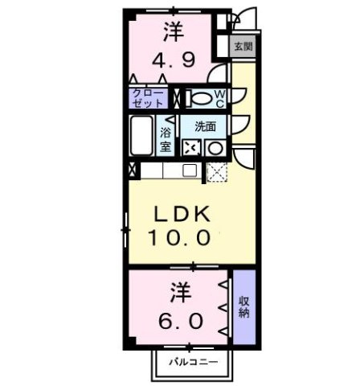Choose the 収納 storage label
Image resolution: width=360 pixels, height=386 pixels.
[243, 308]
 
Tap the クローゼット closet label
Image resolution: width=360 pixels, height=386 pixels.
[148, 99]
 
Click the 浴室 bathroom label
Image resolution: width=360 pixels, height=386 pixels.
[166, 140]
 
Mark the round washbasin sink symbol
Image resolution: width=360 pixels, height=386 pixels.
[215, 148]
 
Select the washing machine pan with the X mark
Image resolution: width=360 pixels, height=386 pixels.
[192, 148]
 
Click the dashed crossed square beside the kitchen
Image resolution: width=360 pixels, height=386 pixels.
[216, 170]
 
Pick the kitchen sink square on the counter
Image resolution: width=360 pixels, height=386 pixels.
[190, 170]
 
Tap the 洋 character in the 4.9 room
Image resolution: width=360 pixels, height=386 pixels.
[172, 33]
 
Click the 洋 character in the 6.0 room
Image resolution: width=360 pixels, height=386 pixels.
[179, 292]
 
